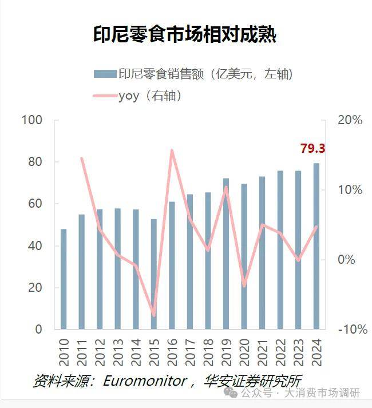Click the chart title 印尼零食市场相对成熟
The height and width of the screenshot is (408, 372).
[x=185, y=35]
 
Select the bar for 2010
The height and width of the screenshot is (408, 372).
[x=64, y=279]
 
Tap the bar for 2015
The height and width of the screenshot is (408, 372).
[x=153, y=274]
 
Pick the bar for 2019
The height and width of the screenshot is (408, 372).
[x=226, y=254]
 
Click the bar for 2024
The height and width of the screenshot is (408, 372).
[x=316, y=246]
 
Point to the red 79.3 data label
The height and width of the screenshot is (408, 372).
[x=312, y=149]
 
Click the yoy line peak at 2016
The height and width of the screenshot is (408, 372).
[x=172, y=150]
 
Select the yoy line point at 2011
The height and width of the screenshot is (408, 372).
[x=82, y=159]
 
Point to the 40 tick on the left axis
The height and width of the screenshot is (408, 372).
[x=34, y=246]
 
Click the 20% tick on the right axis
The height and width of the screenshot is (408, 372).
[x=350, y=120]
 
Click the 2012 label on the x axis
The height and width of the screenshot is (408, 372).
[x=100, y=351]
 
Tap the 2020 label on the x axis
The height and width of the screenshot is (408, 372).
[x=244, y=351]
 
